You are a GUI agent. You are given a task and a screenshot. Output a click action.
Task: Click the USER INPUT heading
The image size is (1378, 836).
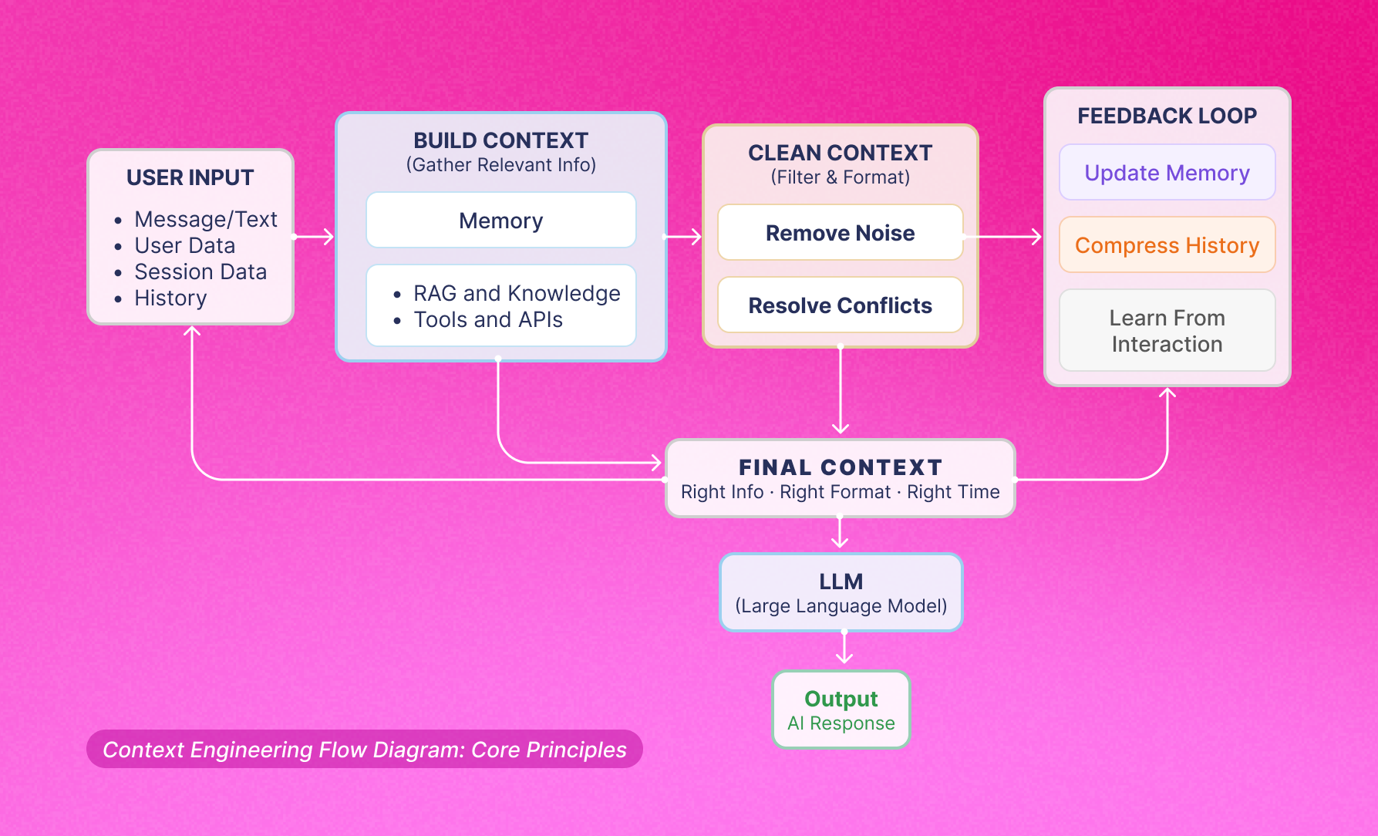[x=190, y=177]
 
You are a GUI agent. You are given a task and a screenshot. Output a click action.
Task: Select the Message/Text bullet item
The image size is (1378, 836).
[x=205, y=219]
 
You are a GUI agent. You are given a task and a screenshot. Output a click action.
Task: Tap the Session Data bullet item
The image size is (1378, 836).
[x=200, y=271]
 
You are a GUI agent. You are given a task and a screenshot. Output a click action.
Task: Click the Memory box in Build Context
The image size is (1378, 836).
[x=501, y=221]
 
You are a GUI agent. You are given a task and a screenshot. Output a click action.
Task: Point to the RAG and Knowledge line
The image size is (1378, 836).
[x=516, y=293]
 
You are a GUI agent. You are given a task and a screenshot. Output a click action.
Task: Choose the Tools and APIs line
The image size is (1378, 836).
[x=487, y=319]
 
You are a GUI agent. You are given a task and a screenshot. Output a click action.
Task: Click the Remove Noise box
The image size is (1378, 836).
[x=840, y=233]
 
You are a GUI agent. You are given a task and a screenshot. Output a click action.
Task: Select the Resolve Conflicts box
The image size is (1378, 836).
[x=840, y=305]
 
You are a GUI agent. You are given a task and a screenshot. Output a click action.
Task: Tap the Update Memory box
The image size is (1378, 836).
[x=1167, y=173]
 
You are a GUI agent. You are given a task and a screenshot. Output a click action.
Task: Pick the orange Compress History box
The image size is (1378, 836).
[x=1167, y=245]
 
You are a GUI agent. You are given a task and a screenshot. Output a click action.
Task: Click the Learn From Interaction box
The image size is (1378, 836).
[x=1167, y=331]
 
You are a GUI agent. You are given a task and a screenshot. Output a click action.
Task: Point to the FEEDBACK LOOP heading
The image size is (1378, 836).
[x=1167, y=116]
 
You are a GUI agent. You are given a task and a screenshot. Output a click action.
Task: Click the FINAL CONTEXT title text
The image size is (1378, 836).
[x=840, y=467]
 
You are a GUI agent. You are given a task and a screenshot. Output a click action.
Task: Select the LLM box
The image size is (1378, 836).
[x=841, y=592]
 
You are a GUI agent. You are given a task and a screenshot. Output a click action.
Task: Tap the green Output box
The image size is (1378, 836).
[x=841, y=710]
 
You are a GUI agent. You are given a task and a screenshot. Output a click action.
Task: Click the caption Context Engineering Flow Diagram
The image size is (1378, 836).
[x=364, y=750]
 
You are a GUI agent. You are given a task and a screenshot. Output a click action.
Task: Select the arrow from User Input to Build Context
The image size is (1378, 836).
[x=315, y=237]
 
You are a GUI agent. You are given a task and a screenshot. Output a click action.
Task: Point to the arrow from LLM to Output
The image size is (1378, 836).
[x=844, y=648]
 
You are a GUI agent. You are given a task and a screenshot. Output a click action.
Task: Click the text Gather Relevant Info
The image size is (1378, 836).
[x=501, y=165]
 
